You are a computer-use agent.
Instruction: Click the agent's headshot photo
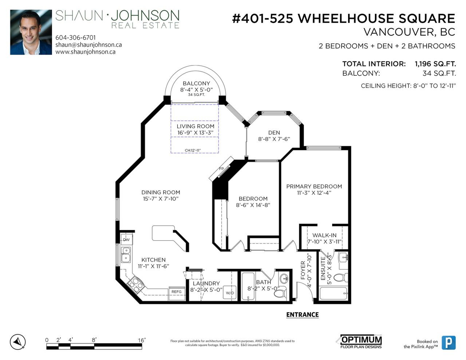[x=31, y=32]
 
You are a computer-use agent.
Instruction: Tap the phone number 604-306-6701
[x=75, y=38]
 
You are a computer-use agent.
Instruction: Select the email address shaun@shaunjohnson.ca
[x=88, y=45]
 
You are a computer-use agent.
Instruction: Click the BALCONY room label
[x=196, y=83]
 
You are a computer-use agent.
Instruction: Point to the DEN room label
[x=274, y=133]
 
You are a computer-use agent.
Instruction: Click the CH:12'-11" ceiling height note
[x=193, y=150]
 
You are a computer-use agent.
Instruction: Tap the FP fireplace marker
[x=221, y=169]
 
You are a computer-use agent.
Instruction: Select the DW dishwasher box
[x=127, y=240]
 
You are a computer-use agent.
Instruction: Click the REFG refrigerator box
[x=177, y=293]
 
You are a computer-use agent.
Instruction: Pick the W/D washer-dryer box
[x=230, y=292]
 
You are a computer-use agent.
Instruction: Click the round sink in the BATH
[x=285, y=279]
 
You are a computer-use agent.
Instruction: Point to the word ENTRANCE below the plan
[x=303, y=314]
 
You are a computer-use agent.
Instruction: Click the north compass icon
[x=18, y=342]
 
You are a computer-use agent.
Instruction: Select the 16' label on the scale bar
[x=142, y=340]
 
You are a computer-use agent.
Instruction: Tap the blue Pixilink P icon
[x=449, y=343]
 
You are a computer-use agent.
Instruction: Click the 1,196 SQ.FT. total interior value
[x=435, y=64]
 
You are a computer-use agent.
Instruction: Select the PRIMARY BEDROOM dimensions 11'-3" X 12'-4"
[x=314, y=193]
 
